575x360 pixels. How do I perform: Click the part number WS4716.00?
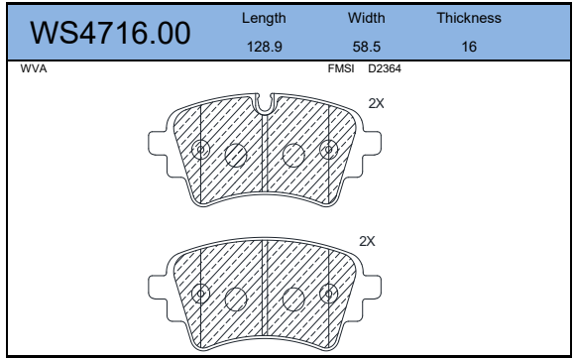tap(110, 33)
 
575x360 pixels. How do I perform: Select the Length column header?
tap(264, 19)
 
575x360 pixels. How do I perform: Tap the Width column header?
tap(367, 18)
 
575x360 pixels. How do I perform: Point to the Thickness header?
tap(469, 18)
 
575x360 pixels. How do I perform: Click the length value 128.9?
tap(265, 47)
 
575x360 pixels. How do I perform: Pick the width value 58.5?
tap(367, 47)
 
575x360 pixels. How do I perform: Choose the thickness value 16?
tap(469, 47)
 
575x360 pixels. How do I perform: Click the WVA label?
tap(34, 68)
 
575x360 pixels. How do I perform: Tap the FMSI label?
tap(341, 68)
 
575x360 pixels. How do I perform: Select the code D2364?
tap(385, 68)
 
